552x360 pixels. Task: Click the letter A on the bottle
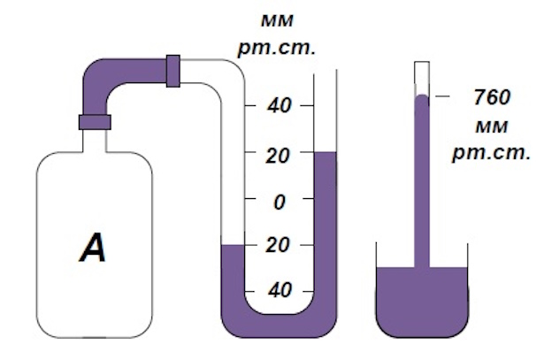tap(93, 247)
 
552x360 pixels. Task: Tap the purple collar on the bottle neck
tap(95, 122)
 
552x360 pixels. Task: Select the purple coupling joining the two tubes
tap(173, 71)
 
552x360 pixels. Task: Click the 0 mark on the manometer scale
tap(280, 201)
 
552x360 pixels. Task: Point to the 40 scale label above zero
tap(280, 106)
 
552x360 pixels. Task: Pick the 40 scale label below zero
tap(280, 291)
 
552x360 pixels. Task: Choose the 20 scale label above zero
tap(280, 155)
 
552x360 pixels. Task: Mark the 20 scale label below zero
tap(280, 245)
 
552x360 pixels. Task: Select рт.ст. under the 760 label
tap(491, 152)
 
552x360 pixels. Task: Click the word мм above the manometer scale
tap(277, 19)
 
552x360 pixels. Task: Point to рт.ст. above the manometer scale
tap(277, 46)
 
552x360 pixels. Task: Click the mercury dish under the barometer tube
tap(420, 300)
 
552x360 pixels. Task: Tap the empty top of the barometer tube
tap(422, 77)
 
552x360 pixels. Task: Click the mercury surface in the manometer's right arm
tap(326, 152)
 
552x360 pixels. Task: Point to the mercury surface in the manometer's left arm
tap(232, 245)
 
